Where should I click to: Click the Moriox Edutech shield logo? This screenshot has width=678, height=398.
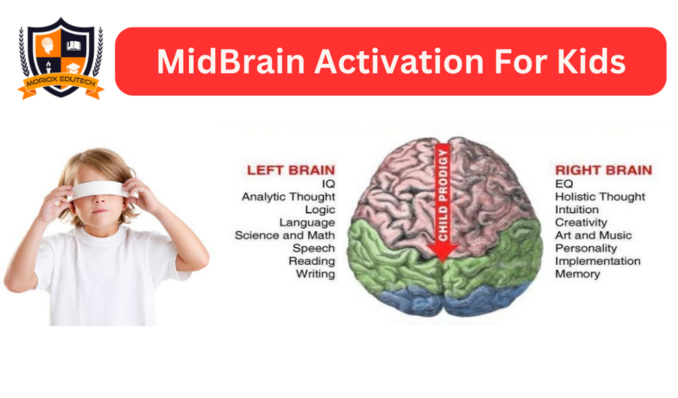pyautogui.click(x=61, y=58)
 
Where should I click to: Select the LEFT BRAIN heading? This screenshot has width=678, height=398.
pyautogui.click(x=290, y=170)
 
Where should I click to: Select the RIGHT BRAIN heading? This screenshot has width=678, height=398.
pyautogui.click(x=603, y=170)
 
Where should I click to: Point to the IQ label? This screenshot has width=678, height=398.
pyautogui.click(x=328, y=184)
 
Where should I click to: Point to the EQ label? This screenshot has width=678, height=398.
pyautogui.click(x=564, y=184)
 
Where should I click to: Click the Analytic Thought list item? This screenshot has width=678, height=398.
pyautogui.click(x=288, y=197)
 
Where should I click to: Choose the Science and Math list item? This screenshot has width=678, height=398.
pyautogui.click(x=285, y=235)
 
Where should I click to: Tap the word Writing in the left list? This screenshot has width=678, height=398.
pyautogui.click(x=315, y=275)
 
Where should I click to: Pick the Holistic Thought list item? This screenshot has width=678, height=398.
pyautogui.click(x=600, y=197)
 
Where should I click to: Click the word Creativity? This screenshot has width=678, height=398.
pyautogui.click(x=581, y=223)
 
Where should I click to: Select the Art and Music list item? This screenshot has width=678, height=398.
pyautogui.click(x=593, y=235)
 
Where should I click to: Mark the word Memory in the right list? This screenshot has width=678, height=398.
pyautogui.click(x=577, y=274)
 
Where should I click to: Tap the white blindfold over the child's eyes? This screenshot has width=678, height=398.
pyautogui.click(x=99, y=191)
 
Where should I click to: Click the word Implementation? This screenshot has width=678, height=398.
pyautogui.click(x=598, y=262)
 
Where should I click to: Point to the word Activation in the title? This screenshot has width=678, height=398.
pyautogui.click(x=398, y=62)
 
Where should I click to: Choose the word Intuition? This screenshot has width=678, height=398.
pyautogui.click(x=577, y=210)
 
